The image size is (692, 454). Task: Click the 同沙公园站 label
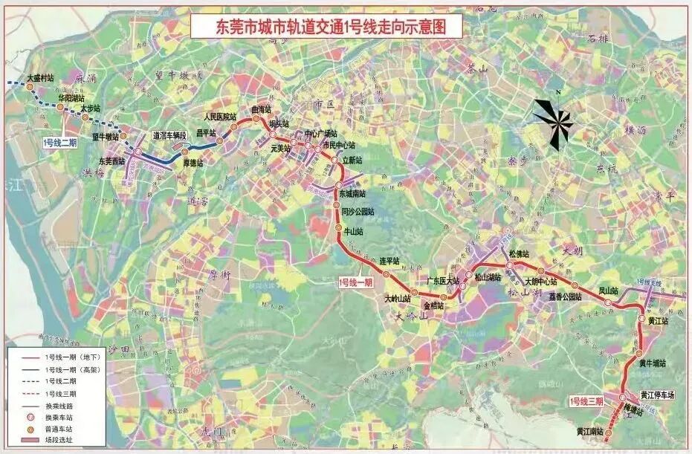[358, 212]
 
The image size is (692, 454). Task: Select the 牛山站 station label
[353, 231]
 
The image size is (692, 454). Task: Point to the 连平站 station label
[390, 261]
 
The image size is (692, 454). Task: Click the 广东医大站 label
[444, 280]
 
